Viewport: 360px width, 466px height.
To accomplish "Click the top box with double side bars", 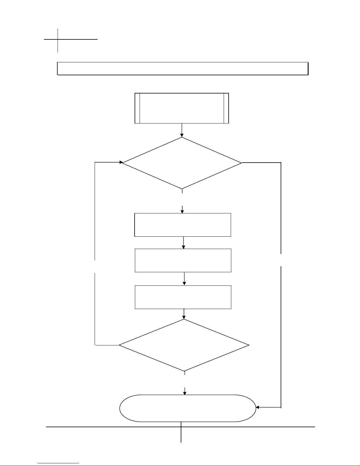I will (x=182, y=108).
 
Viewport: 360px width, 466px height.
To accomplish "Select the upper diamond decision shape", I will (x=182, y=163).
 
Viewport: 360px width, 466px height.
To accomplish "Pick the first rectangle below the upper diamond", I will (x=182, y=225).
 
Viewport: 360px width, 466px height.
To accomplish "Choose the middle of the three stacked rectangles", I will (x=183, y=260).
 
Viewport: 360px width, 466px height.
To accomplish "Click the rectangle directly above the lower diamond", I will (x=183, y=297).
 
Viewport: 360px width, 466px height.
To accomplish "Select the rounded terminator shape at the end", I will (x=187, y=408).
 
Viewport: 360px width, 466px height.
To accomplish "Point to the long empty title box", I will (x=182, y=69).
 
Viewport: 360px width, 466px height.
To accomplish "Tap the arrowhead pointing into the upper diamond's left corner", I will (x=121, y=162).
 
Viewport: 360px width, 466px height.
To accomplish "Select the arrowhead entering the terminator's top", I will (x=185, y=393).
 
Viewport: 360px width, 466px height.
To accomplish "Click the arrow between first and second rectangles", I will (x=183, y=243).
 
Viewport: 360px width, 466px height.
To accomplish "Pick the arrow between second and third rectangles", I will (x=184, y=279).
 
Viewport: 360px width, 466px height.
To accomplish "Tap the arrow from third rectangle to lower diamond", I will (x=184, y=314).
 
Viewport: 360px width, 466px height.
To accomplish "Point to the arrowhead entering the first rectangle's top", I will (x=182, y=211).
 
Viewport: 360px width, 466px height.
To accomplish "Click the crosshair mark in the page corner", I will (x=58, y=39).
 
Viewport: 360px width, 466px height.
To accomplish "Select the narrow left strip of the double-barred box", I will (x=137, y=108).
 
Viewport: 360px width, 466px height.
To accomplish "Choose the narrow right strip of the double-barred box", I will (x=226, y=108).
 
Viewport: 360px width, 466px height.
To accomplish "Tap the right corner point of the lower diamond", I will (x=249, y=345).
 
